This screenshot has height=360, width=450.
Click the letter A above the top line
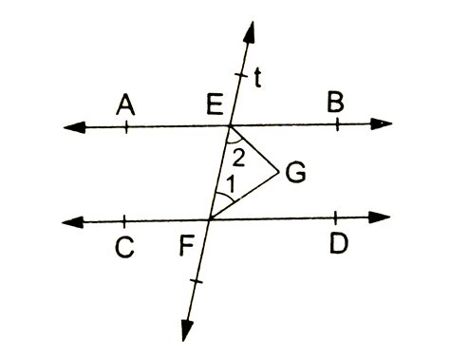(x=123, y=104)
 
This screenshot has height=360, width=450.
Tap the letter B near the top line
(x=335, y=104)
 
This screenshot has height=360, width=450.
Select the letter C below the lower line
(x=125, y=250)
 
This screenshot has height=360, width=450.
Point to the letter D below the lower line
(x=339, y=244)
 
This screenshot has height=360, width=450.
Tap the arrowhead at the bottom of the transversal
(x=187, y=330)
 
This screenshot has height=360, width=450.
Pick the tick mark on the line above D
(x=337, y=218)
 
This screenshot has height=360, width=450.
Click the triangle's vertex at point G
(x=278, y=172)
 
